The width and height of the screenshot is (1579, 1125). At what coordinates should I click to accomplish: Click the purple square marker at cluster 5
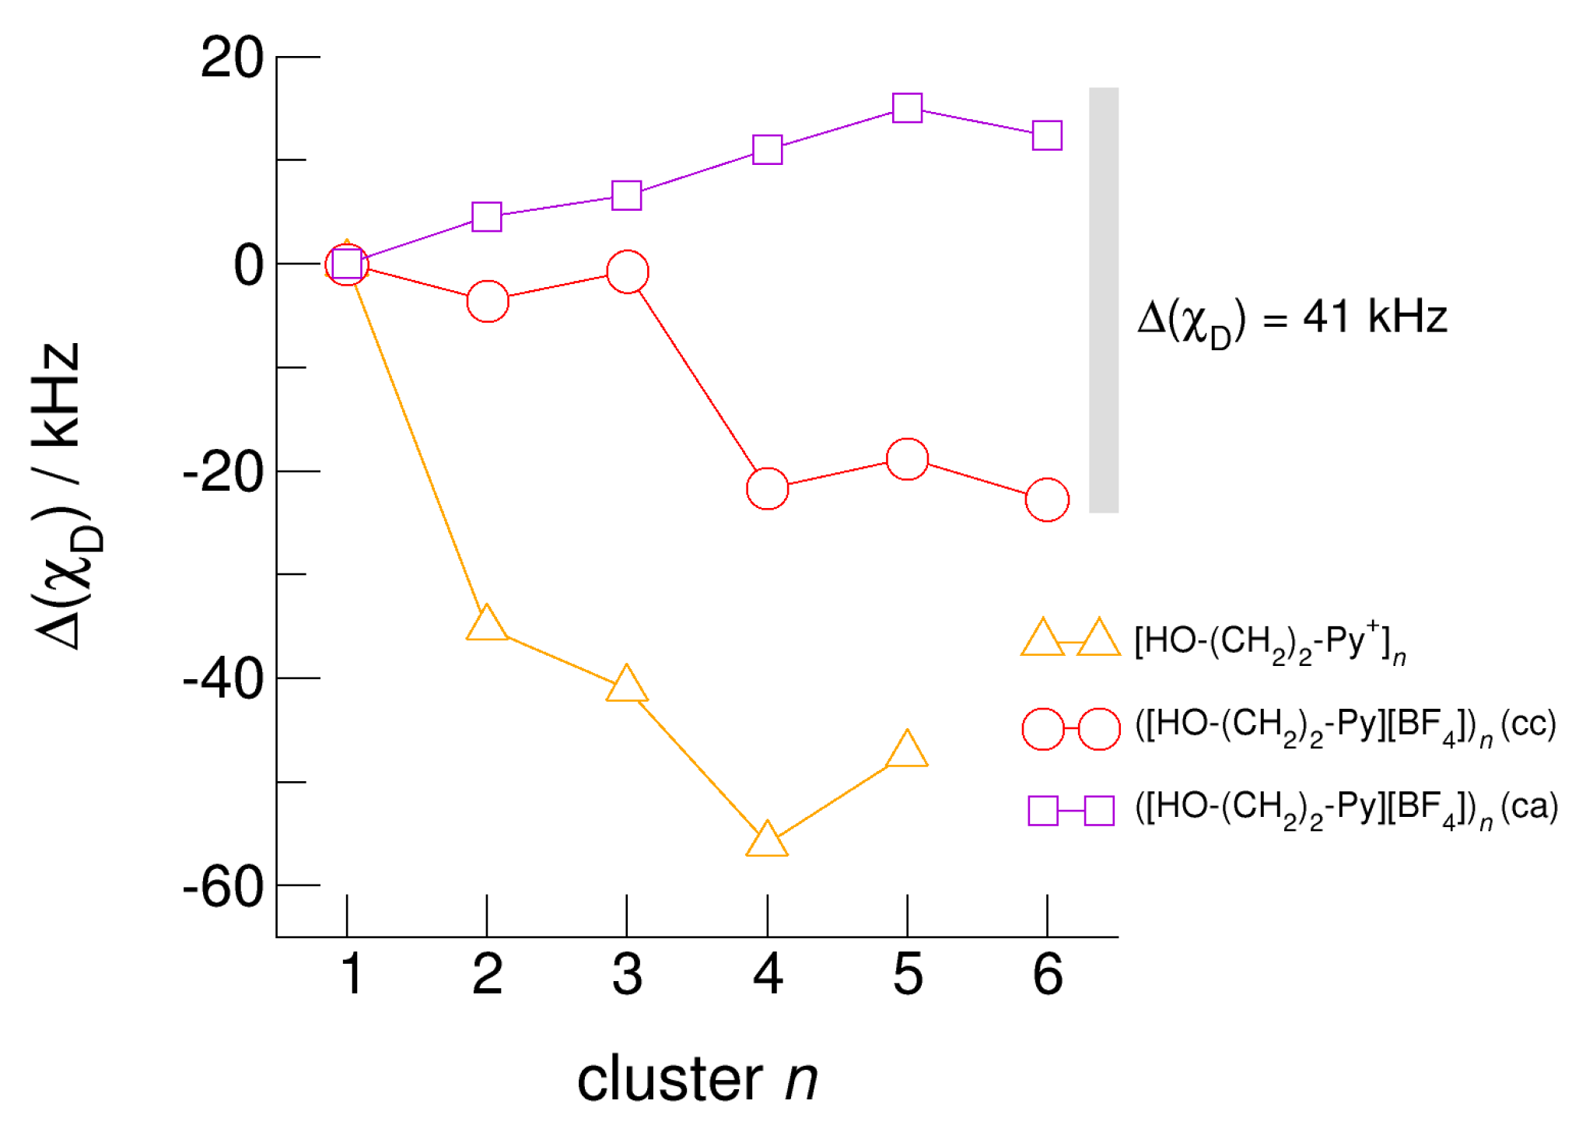tap(907, 107)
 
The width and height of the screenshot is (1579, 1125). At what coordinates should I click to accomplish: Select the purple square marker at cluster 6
tap(1047, 135)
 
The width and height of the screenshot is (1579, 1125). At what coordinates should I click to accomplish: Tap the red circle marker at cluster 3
tap(627, 272)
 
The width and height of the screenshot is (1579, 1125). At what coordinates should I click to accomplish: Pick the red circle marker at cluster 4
tap(767, 489)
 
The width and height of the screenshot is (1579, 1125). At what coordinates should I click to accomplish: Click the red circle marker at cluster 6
tap(1047, 499)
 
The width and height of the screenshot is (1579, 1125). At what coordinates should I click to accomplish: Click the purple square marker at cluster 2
tap(487, 216)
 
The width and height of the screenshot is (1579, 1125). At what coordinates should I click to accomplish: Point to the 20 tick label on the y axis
tap(232, 58)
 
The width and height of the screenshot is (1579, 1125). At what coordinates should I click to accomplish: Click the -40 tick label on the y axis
tap(223, 679)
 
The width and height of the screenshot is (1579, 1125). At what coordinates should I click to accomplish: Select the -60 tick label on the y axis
tap(223, 886)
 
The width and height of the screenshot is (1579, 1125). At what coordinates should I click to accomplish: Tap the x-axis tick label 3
tap(627, 974)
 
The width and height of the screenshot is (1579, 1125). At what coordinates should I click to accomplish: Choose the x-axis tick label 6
tap(1047, 974)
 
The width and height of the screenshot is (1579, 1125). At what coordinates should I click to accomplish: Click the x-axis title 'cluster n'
tap(697, 1079)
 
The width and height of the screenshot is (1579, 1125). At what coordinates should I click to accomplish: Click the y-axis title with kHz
tap(58, 496)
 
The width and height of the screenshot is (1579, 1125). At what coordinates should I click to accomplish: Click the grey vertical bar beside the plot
tap(1103, 300)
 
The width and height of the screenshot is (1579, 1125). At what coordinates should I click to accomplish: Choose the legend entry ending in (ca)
tap(1346, 809)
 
